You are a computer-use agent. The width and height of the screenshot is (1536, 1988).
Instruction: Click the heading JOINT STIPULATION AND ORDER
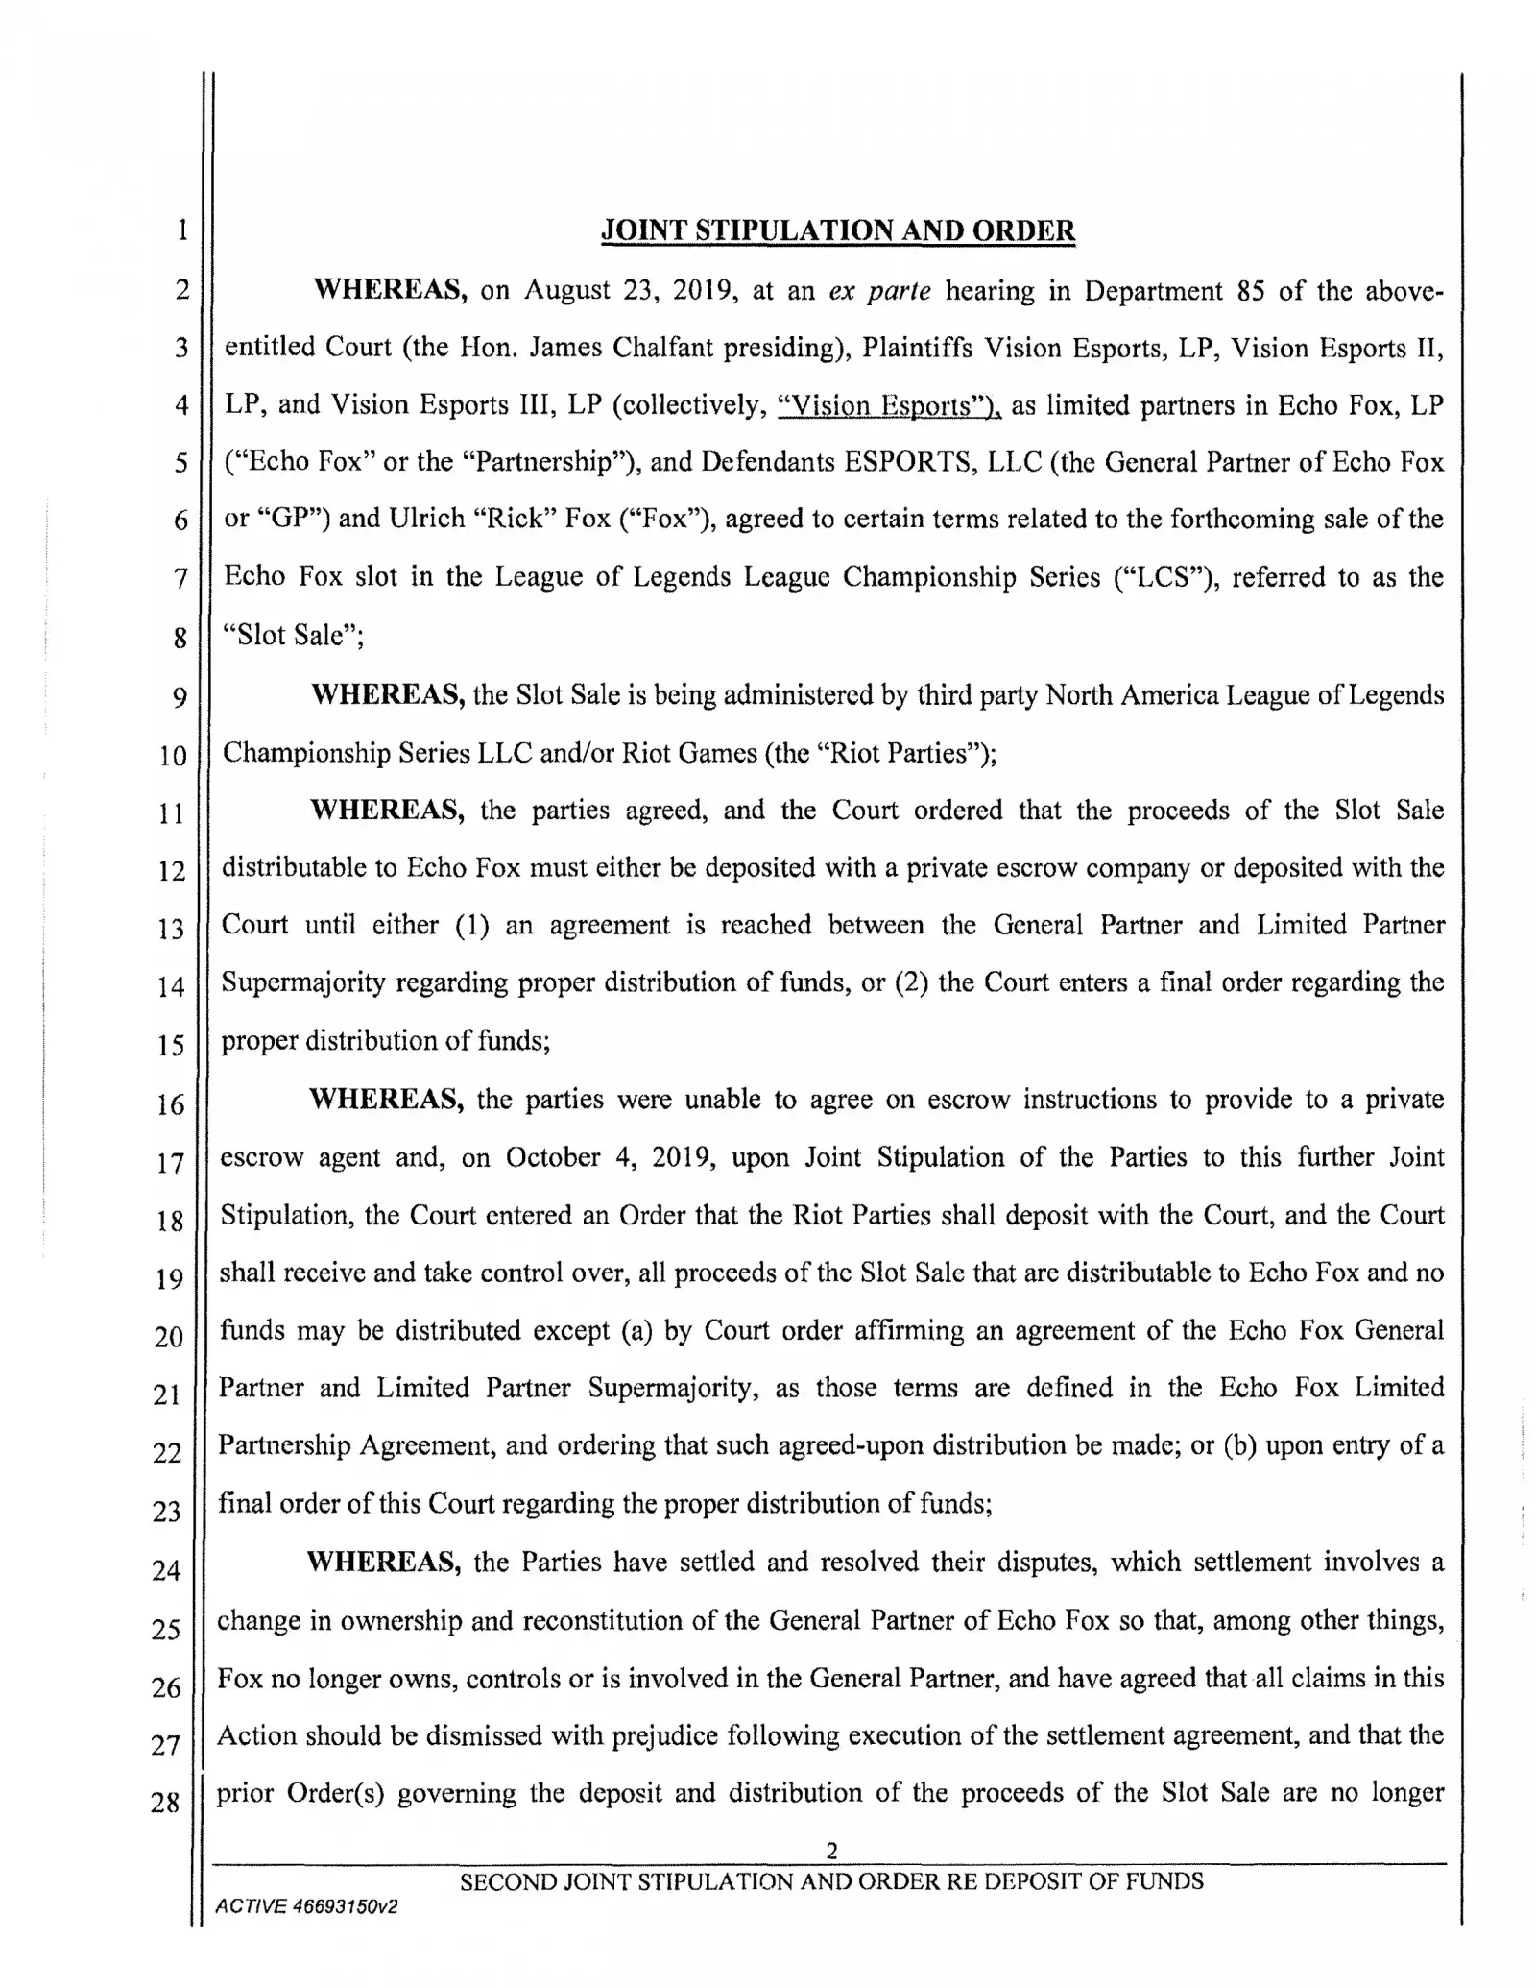pos(837,231)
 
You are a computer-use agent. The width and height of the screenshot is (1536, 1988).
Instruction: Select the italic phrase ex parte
pos(880,291)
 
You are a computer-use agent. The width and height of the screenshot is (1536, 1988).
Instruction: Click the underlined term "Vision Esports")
pos(888,405)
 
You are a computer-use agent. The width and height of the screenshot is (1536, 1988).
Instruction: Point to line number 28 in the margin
pos(165,1803)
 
